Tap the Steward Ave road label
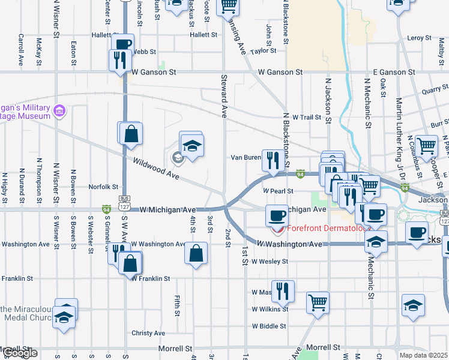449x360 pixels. click(224, 95)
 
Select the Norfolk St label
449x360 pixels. click(103, 186)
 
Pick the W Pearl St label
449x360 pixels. click(277, 191)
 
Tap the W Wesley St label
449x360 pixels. click(270, 262)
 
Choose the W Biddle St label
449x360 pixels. click(269, 326)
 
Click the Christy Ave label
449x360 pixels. click(148, 333)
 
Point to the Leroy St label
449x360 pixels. click(419, 38)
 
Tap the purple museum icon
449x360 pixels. click(59, 111)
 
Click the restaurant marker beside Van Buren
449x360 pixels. click(273, 160)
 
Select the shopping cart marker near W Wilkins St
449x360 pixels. click(318, 301)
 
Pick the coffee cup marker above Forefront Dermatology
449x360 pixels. click(277, 214)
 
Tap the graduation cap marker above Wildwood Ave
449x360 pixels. click(193, 146)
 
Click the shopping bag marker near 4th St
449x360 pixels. click(196, 253)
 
